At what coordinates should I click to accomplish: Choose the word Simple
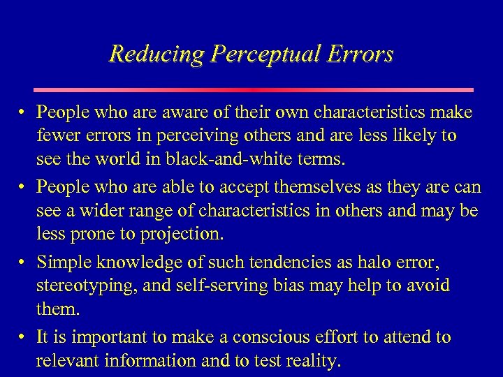pyautogui.click(x=61, y=263)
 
